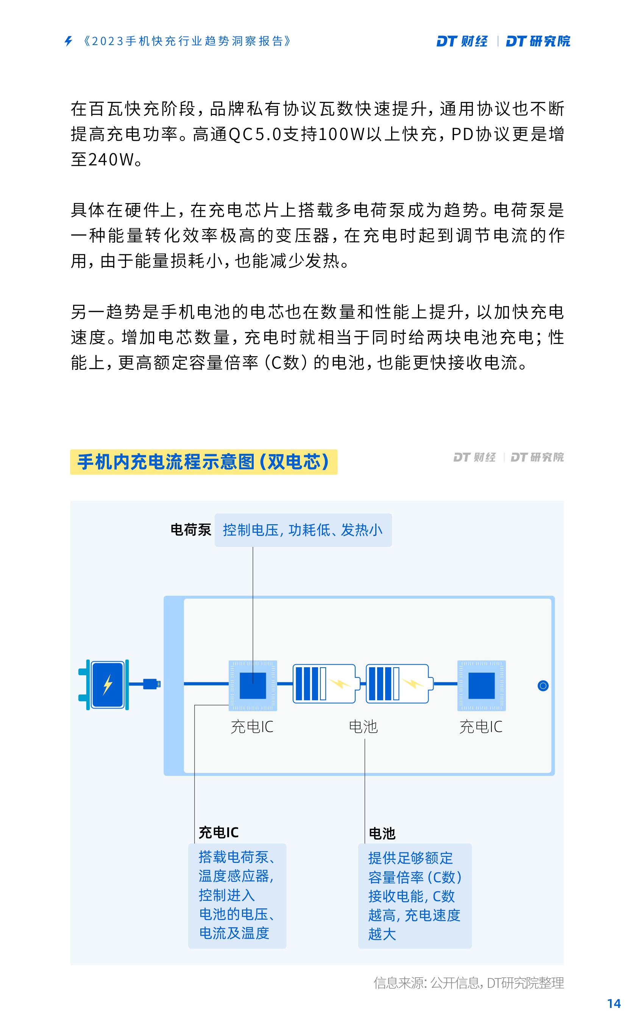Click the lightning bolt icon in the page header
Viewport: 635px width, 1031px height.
coord(69,41)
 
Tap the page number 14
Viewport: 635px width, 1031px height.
coord(613,1003)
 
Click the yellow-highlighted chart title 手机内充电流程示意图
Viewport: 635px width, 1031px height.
coord(204,462)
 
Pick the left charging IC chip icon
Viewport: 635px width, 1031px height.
coord(253,685)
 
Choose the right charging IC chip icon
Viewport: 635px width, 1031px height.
coord(481,685)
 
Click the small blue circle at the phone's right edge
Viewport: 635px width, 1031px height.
coord(543,685)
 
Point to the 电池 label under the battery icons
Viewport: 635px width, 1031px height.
coord(363,727)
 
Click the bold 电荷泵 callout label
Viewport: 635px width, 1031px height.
coord(191,530)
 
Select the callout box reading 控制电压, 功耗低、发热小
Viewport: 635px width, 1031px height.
coord(303,530)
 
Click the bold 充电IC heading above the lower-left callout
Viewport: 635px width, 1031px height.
coord(218,832)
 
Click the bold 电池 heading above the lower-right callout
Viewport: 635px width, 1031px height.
coord(382,833)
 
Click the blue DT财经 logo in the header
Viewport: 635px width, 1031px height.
coord(462,41)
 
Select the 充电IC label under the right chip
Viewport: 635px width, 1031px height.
coord(481,727)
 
